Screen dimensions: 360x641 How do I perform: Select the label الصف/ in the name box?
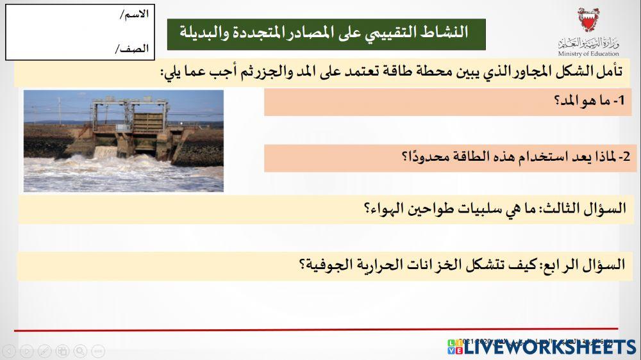[x=132, y=48]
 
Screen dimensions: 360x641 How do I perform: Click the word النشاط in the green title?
[x=447, y=32]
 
